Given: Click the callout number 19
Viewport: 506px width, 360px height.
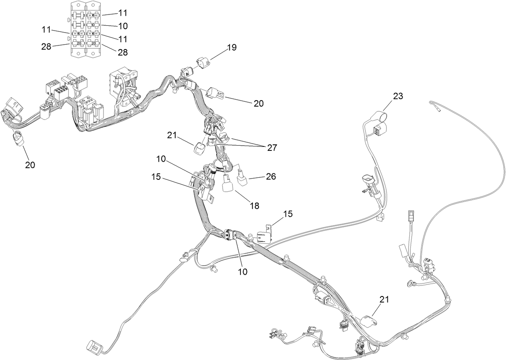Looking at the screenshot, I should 231,47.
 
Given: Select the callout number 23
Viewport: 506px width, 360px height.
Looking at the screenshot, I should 398,96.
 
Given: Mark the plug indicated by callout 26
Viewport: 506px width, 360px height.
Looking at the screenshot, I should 242,179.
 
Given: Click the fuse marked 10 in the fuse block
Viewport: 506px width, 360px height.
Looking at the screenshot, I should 93,25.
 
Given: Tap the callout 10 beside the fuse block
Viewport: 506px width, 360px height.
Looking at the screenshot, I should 123,26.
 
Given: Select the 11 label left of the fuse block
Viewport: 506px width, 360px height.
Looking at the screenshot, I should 46,29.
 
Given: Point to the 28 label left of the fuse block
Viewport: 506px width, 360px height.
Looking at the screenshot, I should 46,47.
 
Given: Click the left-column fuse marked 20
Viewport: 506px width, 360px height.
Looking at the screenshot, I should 79,43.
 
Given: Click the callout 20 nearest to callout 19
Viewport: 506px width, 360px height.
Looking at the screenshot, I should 258,103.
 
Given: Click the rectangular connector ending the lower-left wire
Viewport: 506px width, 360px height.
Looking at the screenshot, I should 93,346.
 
